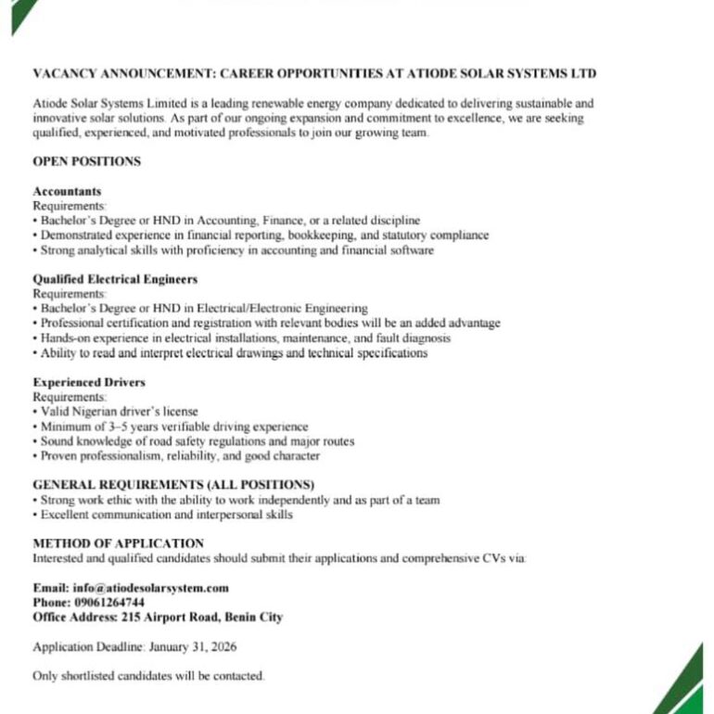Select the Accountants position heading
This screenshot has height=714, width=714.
(67, 191)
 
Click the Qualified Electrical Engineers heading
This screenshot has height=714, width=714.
(115, 279)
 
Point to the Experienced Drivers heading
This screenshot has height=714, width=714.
(89, 382)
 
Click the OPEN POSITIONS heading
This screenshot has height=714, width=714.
(86, 161)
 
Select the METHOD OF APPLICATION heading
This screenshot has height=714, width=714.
(118, 543)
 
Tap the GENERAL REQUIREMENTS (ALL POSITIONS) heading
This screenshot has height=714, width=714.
(173, 485)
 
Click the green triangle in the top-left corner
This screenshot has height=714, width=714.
(20, 13)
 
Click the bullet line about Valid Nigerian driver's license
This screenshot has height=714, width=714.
(116, 411)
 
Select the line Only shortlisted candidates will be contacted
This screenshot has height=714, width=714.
(148, 676)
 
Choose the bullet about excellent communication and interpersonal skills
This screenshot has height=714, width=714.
(162, 515)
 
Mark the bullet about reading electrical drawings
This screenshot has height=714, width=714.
(230, 353)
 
